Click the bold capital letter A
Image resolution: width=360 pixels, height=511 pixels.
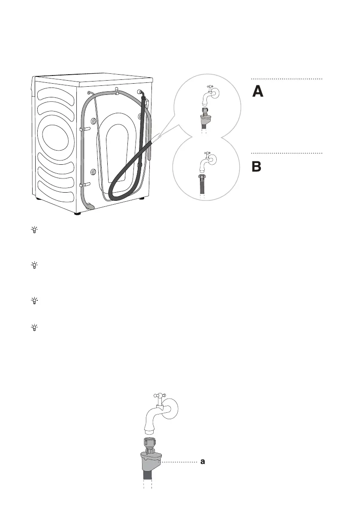257,92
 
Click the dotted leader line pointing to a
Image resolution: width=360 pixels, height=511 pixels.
180,462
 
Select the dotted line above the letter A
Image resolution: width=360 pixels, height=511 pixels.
286,79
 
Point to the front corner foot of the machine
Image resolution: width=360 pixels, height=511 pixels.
78,212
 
